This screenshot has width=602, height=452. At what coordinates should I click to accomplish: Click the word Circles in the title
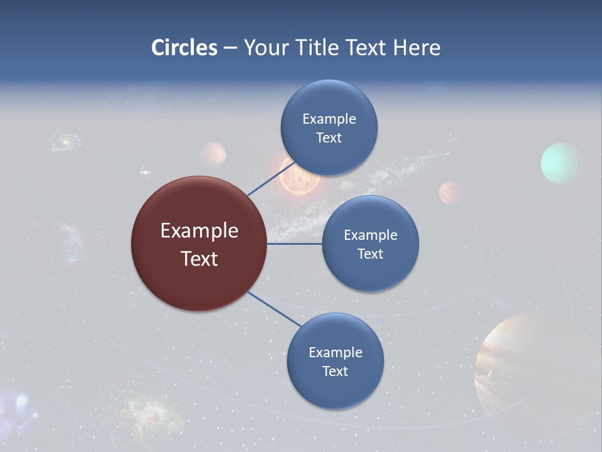tap(184, 48)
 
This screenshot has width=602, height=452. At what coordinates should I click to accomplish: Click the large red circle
tap(199, 244)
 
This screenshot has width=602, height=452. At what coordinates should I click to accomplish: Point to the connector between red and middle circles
tap(294, 244)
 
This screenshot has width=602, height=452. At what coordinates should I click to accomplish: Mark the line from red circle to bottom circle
tap(274, 309)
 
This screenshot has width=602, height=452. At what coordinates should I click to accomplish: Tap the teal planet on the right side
tap(561, 163)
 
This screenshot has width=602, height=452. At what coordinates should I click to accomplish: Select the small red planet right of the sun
tap(450, 193)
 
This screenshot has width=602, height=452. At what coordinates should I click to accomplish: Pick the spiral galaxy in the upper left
tap(63, 141)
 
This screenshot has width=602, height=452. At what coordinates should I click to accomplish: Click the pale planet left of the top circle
tap(213, 154)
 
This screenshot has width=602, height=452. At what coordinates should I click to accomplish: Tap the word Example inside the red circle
tap(199, 230)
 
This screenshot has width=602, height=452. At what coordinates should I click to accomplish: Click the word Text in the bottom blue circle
tap(335, 371)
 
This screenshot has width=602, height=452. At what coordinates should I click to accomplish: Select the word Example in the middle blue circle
tap(370, 235)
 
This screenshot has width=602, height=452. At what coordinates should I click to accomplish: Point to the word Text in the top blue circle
tap(329, 137)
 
